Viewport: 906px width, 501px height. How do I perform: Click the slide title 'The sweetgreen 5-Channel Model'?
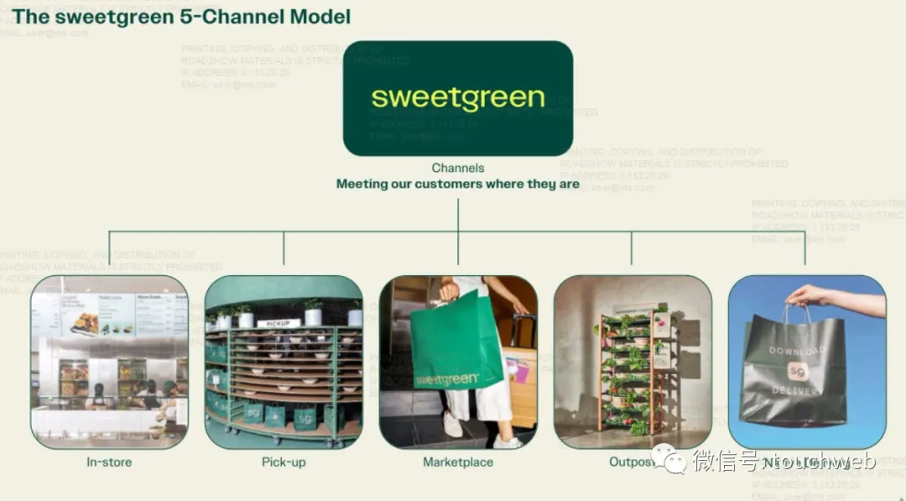point(181,16)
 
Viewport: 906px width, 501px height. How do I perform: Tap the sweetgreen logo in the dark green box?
point(458,97)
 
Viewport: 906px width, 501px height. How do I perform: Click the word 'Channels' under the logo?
point(458,168)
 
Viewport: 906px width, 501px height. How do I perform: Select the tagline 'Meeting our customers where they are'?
point(458,184)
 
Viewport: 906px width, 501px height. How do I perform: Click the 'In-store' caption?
point(109,462)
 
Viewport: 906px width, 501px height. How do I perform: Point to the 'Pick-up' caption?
point(284,462)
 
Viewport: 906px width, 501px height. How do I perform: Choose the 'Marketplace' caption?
point(458,462)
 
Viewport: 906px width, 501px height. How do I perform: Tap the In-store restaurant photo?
point(109,362)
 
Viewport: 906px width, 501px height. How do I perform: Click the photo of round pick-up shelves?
point(284,362)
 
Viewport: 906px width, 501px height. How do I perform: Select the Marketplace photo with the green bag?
point(458,362)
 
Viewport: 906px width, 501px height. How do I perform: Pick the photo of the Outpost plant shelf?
point(633,362)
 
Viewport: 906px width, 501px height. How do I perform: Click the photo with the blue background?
point(807,362)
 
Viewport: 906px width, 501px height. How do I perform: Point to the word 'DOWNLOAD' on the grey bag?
point(796,351)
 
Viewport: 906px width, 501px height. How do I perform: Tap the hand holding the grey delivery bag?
point(810,295)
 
